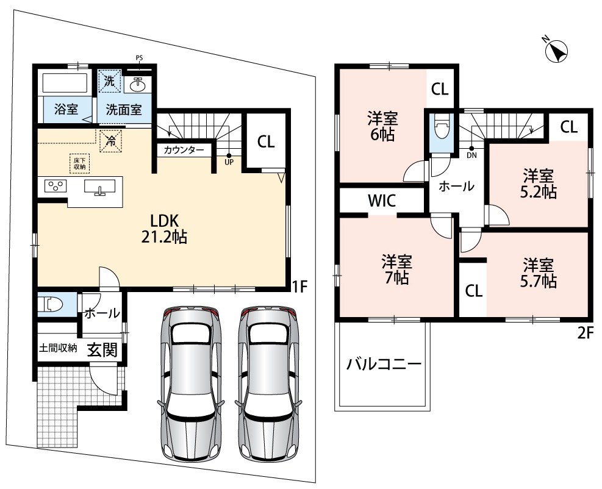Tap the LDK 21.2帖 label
click(164, 229)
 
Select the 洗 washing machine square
click(109, 80)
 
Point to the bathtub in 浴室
click(65, 83)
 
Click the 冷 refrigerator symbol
click(111, 141)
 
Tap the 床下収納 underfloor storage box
click(79, 163)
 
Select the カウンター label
click(184, 150)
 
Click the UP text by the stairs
click(229, 162)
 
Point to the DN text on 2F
click(471, 155)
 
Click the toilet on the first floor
click(53, 305)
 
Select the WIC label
click(381, 201)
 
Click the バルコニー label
click(384, 363)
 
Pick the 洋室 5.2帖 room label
click(539, 184)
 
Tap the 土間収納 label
click(58, 348)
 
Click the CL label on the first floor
click(266, 142)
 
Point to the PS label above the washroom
click(139, 58)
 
